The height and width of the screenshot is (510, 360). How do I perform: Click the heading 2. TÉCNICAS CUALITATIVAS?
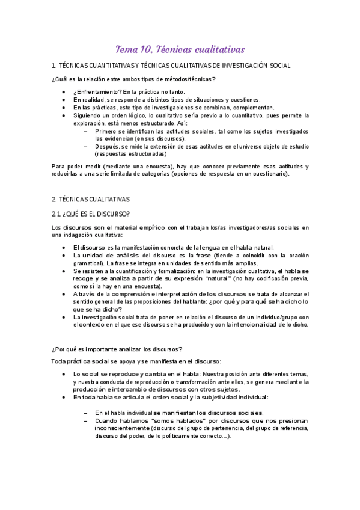(x=91, y=199)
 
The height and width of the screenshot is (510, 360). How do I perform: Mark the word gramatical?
(x=89, y=263)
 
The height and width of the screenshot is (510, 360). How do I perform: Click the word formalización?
(x=169, y=271)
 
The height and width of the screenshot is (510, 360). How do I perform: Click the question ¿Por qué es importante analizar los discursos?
(x=117, y=349)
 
